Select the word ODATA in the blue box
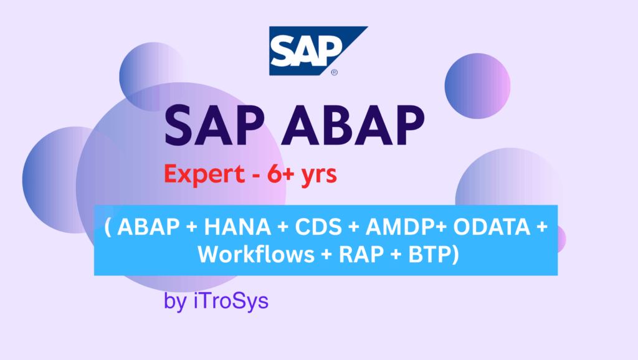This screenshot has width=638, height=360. pyautogui.click(x=492, y=227)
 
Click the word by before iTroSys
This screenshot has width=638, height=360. pyautogui.click(x=173, y=303)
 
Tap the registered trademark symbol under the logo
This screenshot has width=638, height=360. pyautogui.click(x=335, y=73)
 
